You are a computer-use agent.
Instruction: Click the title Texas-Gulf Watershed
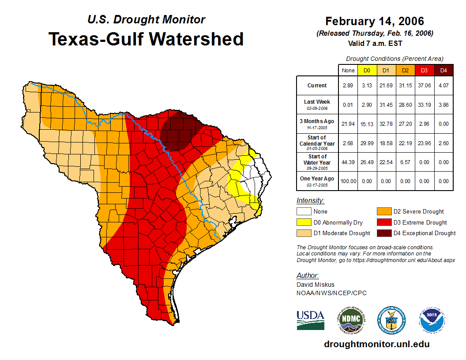146,39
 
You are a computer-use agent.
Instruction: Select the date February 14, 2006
374,21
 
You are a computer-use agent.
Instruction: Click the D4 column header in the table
443,70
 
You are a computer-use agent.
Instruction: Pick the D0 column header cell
366,70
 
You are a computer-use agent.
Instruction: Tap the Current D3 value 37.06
424,86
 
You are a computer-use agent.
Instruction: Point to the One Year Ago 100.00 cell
348,181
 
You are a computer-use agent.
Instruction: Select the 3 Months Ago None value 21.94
348,124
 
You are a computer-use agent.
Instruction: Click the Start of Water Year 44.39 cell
348,162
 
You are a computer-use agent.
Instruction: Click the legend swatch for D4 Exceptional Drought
384,233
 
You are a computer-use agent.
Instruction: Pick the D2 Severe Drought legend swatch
384,212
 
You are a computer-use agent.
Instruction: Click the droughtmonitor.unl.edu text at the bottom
376,344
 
